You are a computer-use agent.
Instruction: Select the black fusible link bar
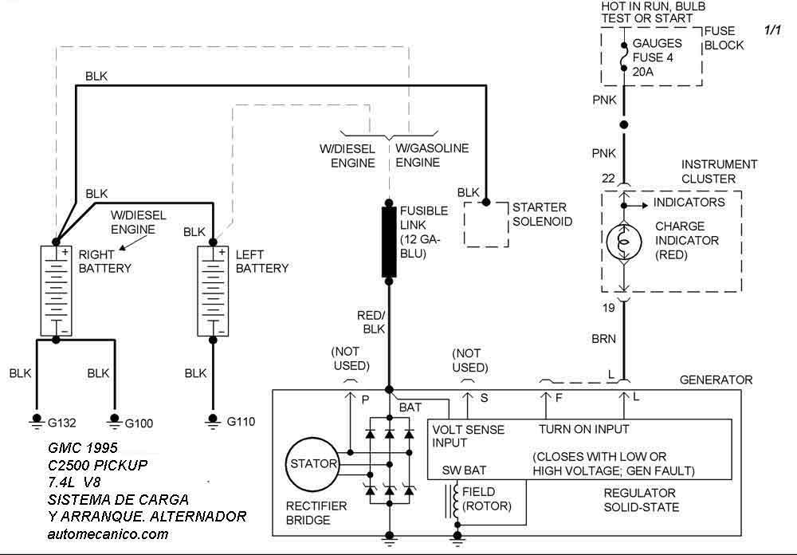coord(389,242)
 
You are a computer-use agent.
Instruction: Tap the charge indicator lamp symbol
coord(624,242)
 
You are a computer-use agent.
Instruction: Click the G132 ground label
coord(61,423)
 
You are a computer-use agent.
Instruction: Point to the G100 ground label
coord(139,423)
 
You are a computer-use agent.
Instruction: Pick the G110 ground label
coord(241,422)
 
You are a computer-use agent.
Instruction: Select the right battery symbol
coord(56,291)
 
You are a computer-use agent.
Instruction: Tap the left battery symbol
coord(213,291)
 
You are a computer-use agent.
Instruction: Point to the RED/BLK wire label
coord(371,322)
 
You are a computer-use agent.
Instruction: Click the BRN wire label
coord(603,339)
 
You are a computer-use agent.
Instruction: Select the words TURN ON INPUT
coord(583,429)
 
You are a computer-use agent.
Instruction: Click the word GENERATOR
coord(716,380)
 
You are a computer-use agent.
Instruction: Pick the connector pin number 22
coord(608,179)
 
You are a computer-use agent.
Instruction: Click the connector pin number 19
coord(608,308)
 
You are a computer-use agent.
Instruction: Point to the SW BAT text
coord(464,470)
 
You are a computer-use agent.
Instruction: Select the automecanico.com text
coord(108,534)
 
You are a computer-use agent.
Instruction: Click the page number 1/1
coord(772,30)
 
